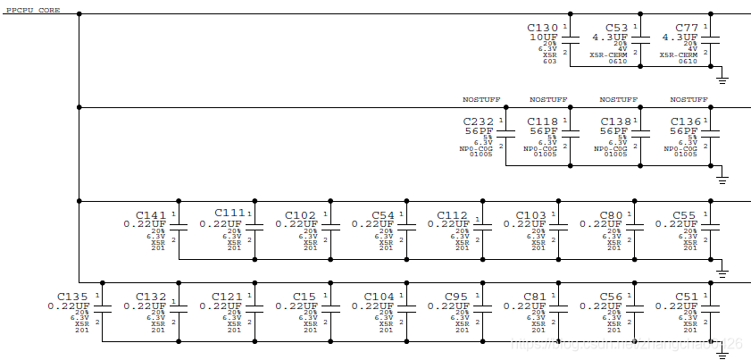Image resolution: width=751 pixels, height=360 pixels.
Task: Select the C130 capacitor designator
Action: (x=543, y=28)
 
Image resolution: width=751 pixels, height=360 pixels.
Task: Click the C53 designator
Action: (x=616, y=28)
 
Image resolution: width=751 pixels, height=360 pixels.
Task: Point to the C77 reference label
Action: (x=687, y=28)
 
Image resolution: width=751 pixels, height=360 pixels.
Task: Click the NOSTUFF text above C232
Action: (x=477, y=99)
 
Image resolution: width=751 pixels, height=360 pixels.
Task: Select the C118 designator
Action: (x=543, y=121)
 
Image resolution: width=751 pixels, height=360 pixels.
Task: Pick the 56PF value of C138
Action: (x=614, y=130)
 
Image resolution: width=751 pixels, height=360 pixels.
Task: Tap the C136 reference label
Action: (x=685, y=121)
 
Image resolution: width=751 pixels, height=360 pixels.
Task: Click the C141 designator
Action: (x=151, y=215)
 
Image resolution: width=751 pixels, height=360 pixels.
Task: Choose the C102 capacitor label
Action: (x=300, y=215)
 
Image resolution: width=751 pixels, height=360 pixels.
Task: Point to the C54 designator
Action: (x=382, y=215)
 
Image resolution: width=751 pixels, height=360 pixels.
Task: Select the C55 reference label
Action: (x=684, y=215)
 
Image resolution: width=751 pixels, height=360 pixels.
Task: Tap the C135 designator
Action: (x=72, y=296)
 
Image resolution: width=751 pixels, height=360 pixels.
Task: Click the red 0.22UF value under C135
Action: (x=69, y=306)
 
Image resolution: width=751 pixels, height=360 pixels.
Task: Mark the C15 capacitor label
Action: (x=304, y=296)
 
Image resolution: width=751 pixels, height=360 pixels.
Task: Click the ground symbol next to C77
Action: (x=722, y=80)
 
